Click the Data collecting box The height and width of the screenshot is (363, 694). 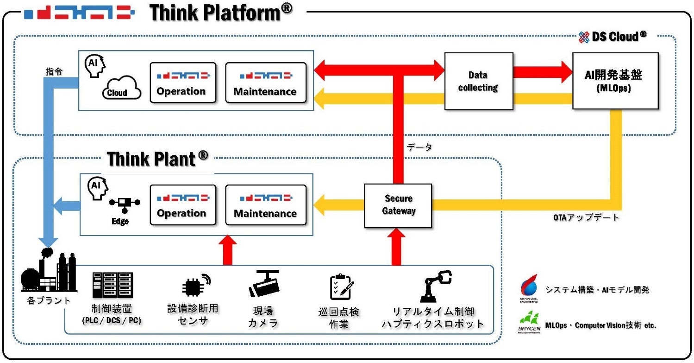478,81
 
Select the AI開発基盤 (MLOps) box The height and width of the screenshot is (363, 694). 615,81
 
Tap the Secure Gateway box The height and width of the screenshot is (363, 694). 398,205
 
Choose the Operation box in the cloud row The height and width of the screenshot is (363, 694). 183,82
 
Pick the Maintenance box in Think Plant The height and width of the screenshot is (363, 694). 265,205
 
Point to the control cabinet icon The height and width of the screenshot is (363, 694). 112,285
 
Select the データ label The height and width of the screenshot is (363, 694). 419,147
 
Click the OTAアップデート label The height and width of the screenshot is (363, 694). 586,217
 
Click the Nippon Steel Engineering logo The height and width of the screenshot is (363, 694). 529,288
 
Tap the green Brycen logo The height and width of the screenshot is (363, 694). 529,321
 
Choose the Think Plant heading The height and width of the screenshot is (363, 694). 157,159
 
